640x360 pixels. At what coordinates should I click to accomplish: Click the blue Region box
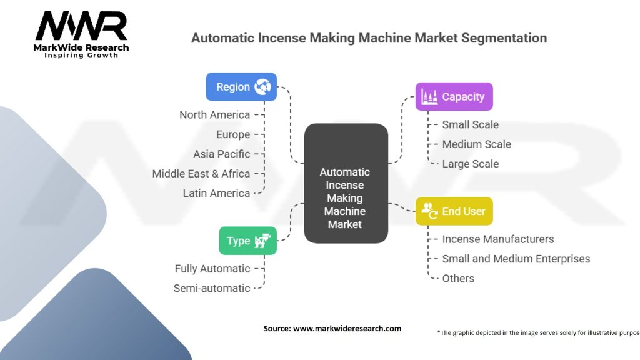point(241,87)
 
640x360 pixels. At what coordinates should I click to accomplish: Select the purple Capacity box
point(454,97)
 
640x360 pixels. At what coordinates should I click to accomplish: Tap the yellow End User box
point(454,211)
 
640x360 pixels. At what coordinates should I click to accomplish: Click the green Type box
point(247,241)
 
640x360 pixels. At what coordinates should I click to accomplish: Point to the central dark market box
point(346,184)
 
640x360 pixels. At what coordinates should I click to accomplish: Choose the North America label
point(214,114)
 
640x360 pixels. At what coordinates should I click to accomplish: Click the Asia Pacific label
point(221,154)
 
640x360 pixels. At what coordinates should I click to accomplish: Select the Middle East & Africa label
point(201,174)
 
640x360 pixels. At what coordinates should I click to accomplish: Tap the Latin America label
point(216,193)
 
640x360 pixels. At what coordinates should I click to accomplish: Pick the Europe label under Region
point(233,134)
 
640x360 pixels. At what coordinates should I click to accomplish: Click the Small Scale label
point(470,124)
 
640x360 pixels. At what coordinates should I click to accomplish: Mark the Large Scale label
point(470,164)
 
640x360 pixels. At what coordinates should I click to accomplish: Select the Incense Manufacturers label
point(497,239)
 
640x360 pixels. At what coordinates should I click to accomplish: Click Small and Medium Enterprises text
point(516,259)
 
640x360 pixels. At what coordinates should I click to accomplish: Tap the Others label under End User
point(458,278)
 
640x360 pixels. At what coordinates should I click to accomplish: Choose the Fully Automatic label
point(212,269)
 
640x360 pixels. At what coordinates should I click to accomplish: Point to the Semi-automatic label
point(212,288)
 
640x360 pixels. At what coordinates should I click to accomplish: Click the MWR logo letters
point(82,27)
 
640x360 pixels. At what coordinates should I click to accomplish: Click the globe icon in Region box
point(262,87)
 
